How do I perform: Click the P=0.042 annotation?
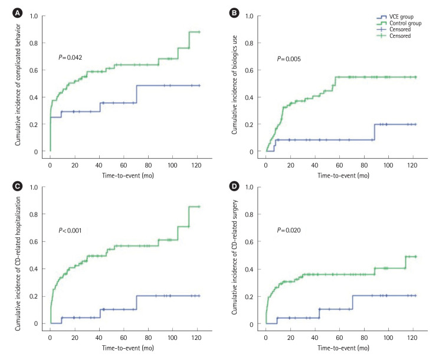pyautogui.click(x=70, y=57)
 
